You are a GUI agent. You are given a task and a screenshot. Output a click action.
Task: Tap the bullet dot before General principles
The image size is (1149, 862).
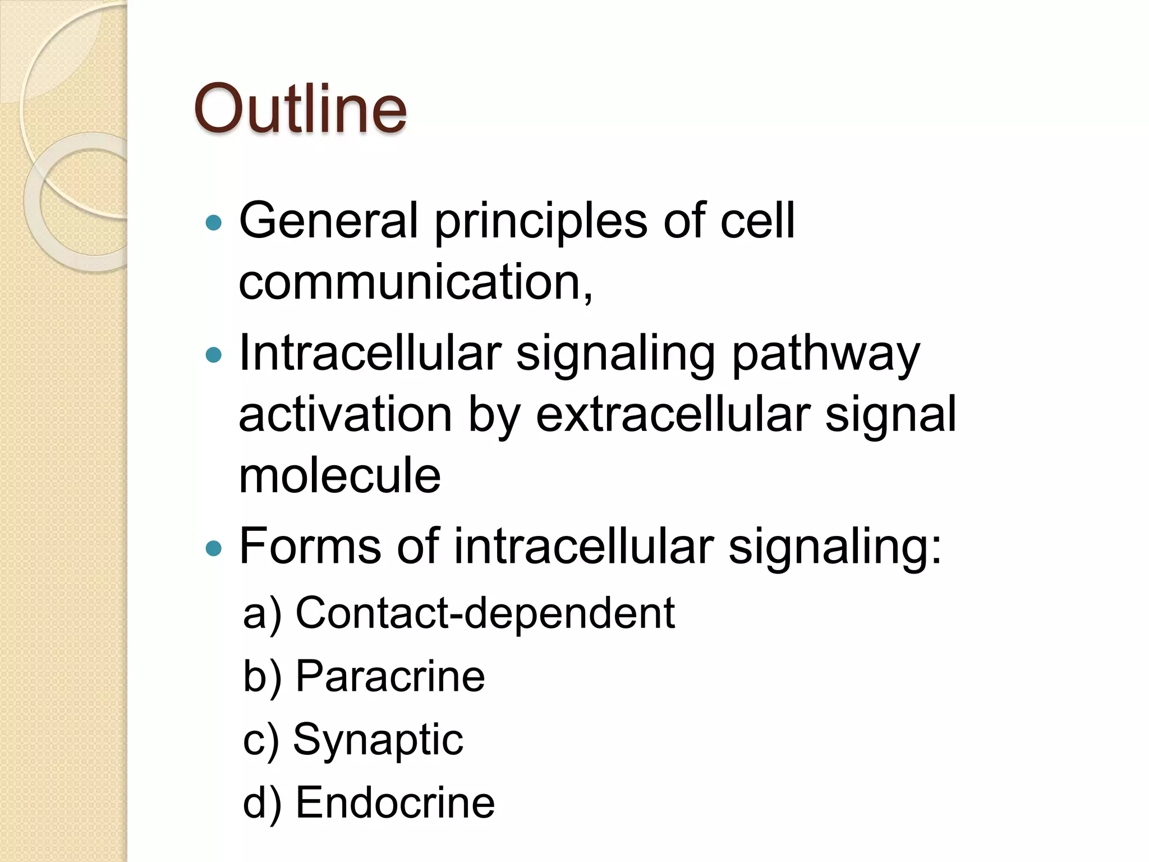[x=214, y=223]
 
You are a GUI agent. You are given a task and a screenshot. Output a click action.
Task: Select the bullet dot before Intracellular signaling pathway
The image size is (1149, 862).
[x=214, y=355]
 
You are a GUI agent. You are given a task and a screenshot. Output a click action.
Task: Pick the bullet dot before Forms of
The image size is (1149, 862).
[x=214, y=548]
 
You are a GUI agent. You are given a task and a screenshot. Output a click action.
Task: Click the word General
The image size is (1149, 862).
[x=329, y=220]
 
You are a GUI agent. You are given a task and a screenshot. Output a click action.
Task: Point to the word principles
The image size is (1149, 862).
[x=541, y=222]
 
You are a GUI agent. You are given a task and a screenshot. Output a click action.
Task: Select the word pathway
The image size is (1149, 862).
[x=826, y=356]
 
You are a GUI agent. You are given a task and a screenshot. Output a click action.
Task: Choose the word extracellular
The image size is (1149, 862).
[x=673, y=415]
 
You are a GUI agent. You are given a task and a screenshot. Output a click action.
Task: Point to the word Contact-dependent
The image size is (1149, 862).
[x=485, y=613]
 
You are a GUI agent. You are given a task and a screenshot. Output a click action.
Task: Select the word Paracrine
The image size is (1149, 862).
[x=390, y=676]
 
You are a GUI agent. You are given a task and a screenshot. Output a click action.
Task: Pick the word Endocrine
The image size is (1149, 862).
[x=395, y=803]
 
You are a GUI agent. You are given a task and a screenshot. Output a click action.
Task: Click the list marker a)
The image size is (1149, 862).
[x=261, y=614]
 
